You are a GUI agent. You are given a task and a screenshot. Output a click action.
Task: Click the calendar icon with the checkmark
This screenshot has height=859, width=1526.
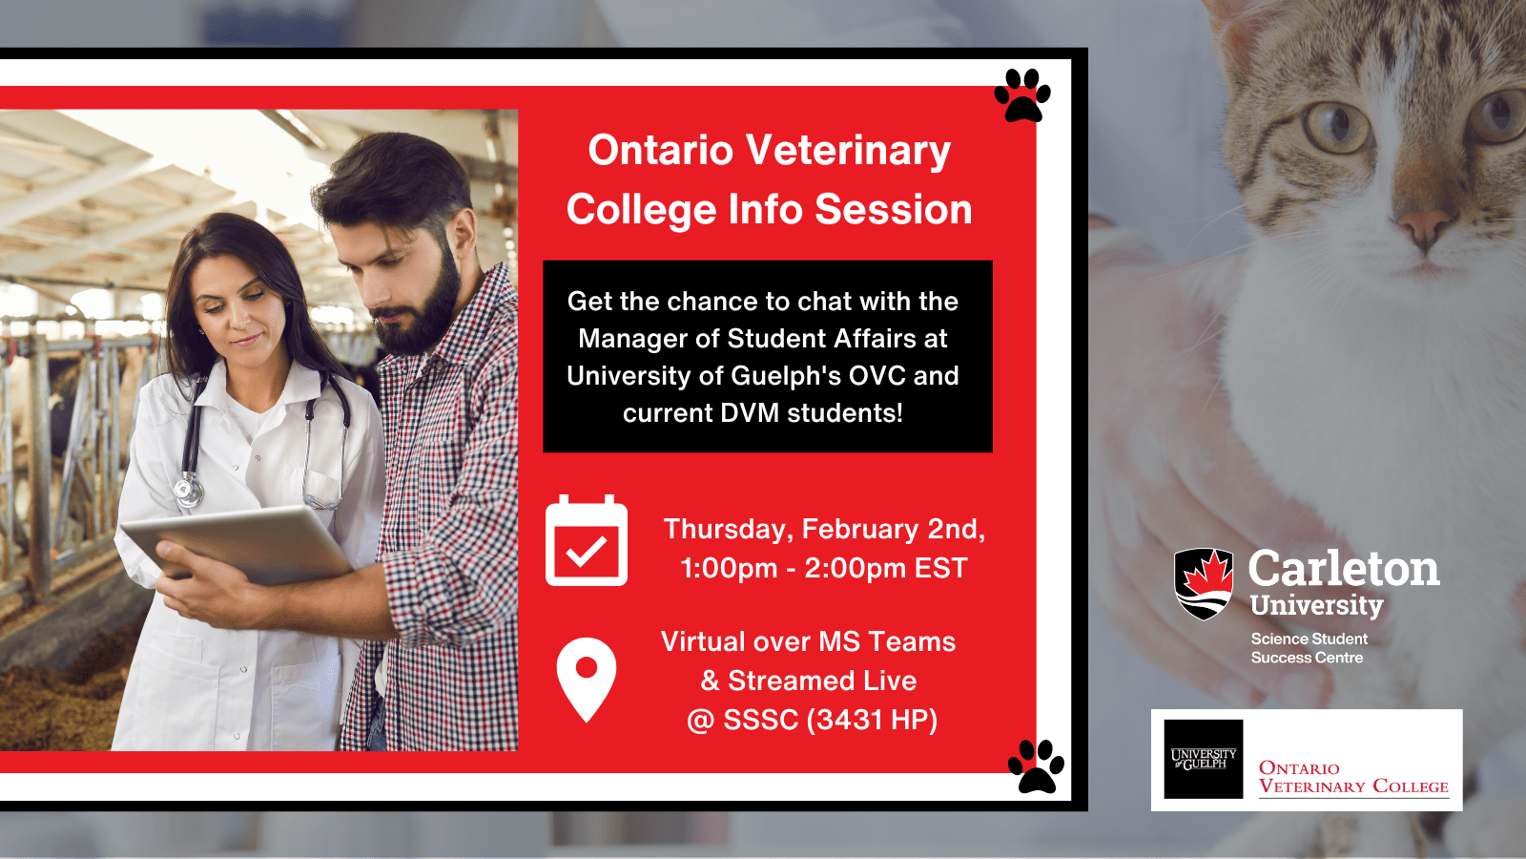[586, 541]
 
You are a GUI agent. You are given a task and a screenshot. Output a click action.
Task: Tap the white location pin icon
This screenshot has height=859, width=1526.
[586, 676]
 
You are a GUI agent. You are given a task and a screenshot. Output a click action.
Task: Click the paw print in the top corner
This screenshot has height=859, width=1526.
[1022, 95]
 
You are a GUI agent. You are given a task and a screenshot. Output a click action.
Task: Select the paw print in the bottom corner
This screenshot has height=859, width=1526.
[1036, 766]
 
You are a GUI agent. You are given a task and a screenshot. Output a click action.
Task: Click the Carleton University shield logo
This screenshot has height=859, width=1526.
[1204, 583]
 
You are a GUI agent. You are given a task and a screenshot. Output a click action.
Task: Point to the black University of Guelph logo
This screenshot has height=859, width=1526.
[1204, 759]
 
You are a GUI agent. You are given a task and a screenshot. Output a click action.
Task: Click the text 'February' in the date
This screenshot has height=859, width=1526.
[860, 529]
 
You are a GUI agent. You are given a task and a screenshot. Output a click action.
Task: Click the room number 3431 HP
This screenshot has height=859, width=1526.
[872, 720]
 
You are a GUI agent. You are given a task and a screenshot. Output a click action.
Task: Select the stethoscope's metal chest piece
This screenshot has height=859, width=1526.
[188, 492]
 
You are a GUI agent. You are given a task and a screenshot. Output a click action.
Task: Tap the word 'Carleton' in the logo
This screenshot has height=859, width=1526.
[1343, 569]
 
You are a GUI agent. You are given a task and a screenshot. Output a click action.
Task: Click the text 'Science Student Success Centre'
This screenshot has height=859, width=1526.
[1309, 648]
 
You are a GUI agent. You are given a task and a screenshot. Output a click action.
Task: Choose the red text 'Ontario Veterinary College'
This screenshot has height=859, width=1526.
[1352, 777]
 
